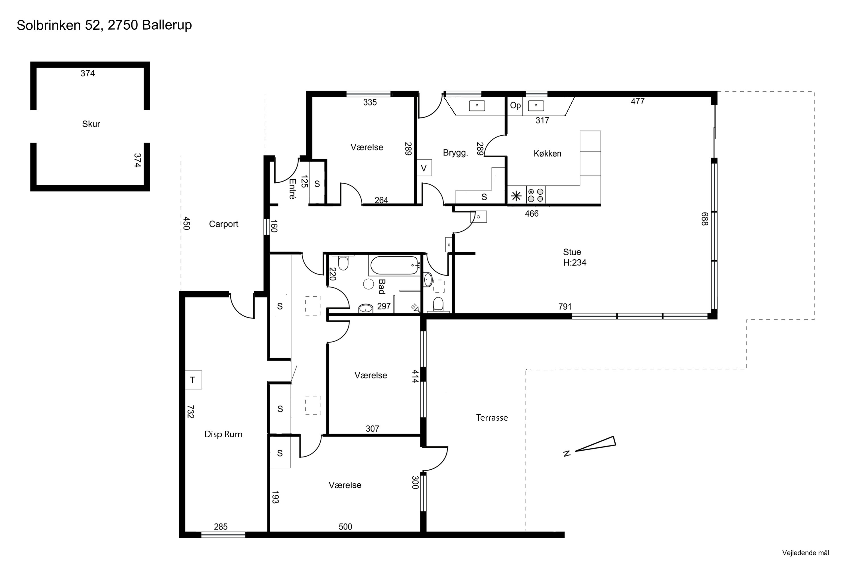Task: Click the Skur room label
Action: [91, 124]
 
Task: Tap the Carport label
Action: [223, 224]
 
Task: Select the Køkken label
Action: [547, 153]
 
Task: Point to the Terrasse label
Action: [492, 418]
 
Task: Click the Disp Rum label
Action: [223, 434]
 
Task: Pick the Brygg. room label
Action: [455, 153]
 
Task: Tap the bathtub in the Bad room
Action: [394, 265]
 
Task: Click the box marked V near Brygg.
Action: [424, 168]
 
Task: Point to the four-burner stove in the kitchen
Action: [536, 195]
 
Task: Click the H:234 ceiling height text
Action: [575, 262]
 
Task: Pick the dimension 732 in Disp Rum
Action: [190, 412]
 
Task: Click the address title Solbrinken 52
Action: [59, 25]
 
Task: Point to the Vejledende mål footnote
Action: [806, 553]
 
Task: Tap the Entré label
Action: [292, 189]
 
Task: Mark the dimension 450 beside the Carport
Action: [186, 223]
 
